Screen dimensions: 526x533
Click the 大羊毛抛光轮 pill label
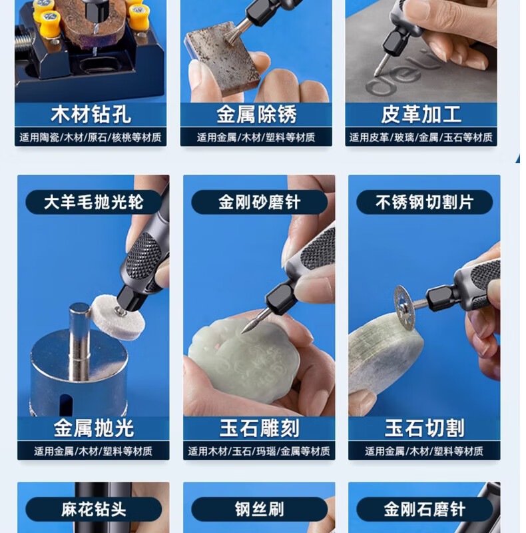click(x=93, y=203)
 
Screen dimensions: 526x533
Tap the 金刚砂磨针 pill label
click(x=259, y=203)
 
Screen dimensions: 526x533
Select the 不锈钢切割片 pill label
click(x=424, y=203)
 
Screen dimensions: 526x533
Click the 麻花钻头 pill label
click(x=93, y=509)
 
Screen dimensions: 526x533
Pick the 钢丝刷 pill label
click(x=259, y=509)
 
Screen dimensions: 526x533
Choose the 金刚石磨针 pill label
click(x=424, y=509)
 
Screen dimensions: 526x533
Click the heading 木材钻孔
click(x=91, y=115)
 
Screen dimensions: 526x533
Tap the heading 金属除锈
click(x=256, y=115)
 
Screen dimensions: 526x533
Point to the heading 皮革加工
click(x=421, y=115)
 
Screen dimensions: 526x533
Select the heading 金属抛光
click(x=93, y=428)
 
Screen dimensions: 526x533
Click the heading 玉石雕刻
click(x=259, y=428)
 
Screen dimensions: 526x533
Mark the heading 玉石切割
click(x=424, y=428)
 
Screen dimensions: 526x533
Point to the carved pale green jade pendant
click(x=244, y=359)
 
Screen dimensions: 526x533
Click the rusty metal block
click(x=222, y=55)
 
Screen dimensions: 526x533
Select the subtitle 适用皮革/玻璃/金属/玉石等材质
click(x=421, y=137)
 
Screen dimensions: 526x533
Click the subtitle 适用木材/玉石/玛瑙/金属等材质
click(x=259, y=451)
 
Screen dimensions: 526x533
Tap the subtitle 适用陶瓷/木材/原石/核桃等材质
click(x=91, y=137)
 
